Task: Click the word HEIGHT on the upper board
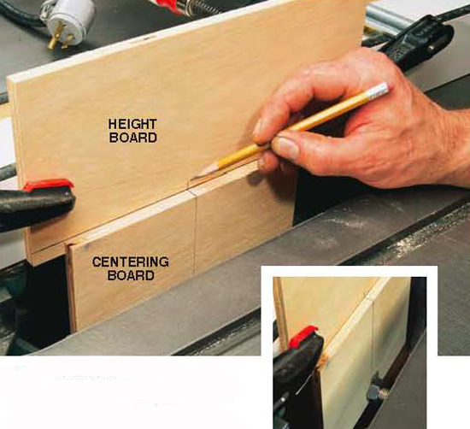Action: click(x=132, y=124)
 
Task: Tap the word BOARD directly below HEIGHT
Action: click(x=132, y=138)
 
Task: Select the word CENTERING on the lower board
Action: click(x=131, y=262)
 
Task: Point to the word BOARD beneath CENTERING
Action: click(x=131, y=275)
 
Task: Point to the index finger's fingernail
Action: click(x=258, y=128)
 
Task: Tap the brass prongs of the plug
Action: click(x=60, y=38)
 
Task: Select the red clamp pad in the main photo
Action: click(x=49, y=185)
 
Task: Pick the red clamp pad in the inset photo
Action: click(x=303, y=337)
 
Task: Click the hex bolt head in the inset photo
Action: click(x=373, y=392)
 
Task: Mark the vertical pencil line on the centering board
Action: click(x=195, y=234)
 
